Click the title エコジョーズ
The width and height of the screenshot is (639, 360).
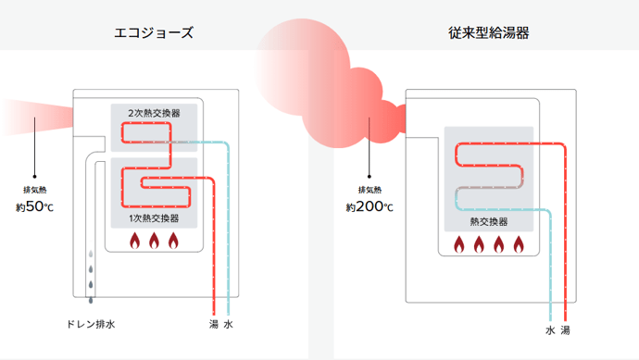pos(154,33)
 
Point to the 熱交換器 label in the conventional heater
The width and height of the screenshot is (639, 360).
pos(488,221)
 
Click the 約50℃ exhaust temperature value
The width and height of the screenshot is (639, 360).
pos(35,207)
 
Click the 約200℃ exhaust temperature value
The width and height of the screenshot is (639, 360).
pos(370,207)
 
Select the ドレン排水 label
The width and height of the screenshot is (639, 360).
pos(90,325)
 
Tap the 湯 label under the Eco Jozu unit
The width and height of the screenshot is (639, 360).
pos(214,325)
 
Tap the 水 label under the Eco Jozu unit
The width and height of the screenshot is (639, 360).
pos(229,325)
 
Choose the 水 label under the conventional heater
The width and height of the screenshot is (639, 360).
pos(549,330)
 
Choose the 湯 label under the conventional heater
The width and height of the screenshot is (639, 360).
pos(565,330)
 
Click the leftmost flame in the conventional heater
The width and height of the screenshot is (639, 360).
pos(458,245)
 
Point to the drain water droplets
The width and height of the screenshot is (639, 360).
pos(90,277)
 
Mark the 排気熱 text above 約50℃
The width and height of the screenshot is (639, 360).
pos(35,191)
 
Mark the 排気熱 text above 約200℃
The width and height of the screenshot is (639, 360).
pos(370,191)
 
